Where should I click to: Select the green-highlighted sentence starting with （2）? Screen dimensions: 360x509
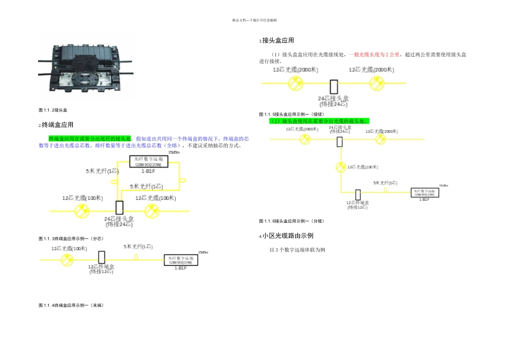pyautogui.click(x=319, y=121)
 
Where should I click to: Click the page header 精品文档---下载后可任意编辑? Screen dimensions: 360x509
pyautogui.click(x=254, y=20)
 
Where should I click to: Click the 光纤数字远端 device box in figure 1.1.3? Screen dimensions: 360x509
pyautogui.click(x=148, y=162)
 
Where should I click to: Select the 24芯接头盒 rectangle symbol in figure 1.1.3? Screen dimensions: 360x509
pyautogui.click(x=119, y=208)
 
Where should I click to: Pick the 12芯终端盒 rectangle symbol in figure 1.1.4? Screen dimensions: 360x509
pyautogui.click(x=101, y=257)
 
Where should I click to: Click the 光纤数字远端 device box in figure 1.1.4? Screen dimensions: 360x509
pyautogui.click(x=181, y=260)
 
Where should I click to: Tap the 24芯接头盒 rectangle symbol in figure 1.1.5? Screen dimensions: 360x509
pyautogui.click(x=333, y=87)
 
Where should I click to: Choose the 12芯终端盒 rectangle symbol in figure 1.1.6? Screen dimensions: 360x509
pyautogui.click(x=358, y=194)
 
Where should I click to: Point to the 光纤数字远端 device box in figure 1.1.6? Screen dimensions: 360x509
pyautogui.click(x=425, y=192)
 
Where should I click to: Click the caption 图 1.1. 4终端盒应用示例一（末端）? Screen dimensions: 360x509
pyautogui.click(x=71, y=305)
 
